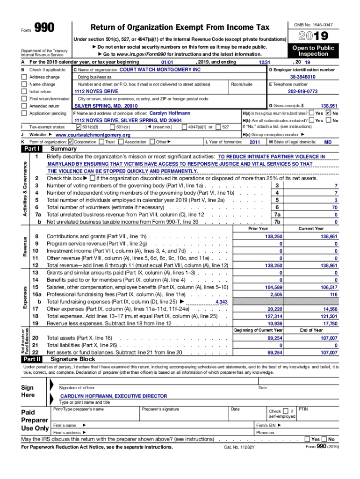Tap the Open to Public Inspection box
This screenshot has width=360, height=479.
(x=313, y=51)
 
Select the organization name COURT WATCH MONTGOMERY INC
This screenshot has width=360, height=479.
(x=160, y=69)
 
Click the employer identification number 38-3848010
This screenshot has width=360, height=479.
(x=302, y=77)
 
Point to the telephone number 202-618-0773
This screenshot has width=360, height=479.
(x=302, y=91)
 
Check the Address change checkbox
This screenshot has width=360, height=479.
(x=24, y=77)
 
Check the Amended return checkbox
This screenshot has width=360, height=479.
(x=24, y=106)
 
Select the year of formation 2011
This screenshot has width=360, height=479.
(x=254, y=142)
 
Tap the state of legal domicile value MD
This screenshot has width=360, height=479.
(x=328, y=142)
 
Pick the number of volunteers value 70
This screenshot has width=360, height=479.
(x=334, y=207)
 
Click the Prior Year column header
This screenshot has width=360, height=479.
(x=258, y=228)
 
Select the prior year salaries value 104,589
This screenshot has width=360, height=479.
(x=274, y=287)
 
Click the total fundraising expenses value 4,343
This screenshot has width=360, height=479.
(x=222, y=302)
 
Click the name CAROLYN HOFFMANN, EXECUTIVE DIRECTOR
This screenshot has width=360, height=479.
(x=114, y=396)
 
